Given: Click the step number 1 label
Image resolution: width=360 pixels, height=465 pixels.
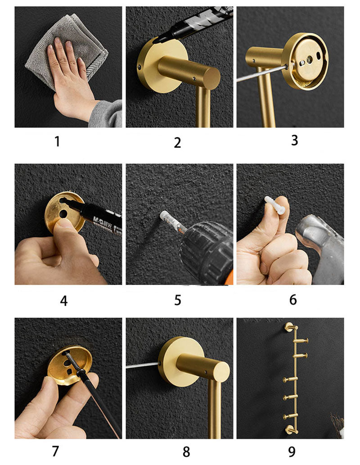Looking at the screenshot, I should pos(57,141).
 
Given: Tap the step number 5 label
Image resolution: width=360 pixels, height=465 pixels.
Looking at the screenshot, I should pos(178,300).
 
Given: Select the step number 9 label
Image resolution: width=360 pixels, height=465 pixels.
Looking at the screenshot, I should pos(292,451).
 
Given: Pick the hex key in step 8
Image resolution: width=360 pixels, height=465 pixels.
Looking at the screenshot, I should pos(142,366).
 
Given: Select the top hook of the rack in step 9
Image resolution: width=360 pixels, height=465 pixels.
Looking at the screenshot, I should pos(288,327).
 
